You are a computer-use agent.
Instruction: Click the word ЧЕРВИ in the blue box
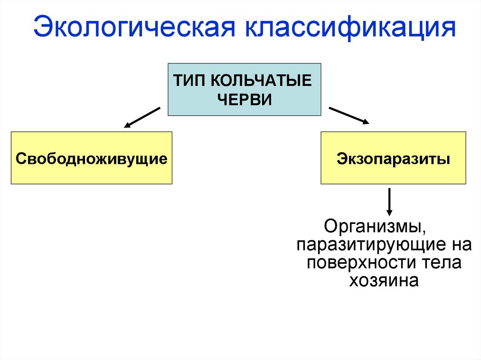pyautogui.click(x=245, y=100)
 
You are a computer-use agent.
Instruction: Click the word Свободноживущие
pyautogui.click(x=92, y=158)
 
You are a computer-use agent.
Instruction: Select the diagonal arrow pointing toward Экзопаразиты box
pyautogui.click(x=349, y=115)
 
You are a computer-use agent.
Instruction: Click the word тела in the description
pyautogui.click(x=441, y=263)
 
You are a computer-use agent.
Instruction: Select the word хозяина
pyautogui.click(x=384, y=281)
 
